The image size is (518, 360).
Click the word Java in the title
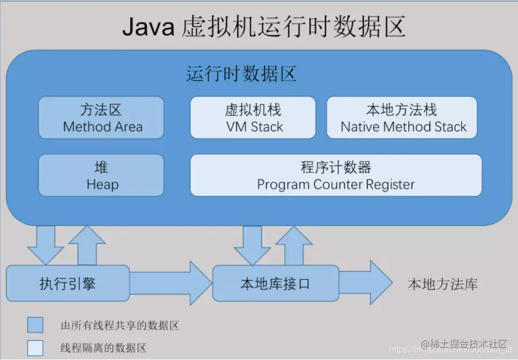[148, 26]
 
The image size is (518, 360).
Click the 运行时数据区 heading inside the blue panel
[241, 74]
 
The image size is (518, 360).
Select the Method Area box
[101, 118]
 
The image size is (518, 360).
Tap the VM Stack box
[253, 118]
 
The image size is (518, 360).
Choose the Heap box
[101, 175]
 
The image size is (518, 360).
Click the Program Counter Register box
[336, 175]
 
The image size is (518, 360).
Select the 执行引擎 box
[68, 283]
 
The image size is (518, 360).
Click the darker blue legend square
[36, 325]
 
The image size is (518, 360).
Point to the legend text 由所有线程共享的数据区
[119, 325]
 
